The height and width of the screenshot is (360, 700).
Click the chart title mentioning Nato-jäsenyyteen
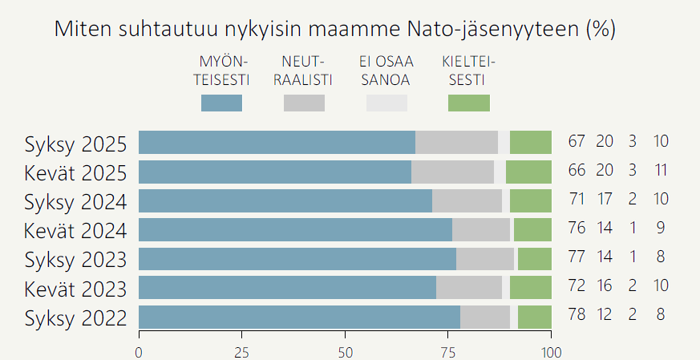tap(334, 30)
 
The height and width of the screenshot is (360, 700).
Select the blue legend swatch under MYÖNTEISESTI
tap(221, 103)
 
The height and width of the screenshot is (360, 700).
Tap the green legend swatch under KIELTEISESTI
tap(468, 103)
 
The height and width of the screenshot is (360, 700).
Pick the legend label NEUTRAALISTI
tap(304, 71)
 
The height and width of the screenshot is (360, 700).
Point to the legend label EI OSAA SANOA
tap(386, 71)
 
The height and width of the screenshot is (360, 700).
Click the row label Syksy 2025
tap(75, 144)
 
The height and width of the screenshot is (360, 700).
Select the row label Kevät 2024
tap(75, 231)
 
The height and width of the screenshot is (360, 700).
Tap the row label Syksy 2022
tap(75, 318)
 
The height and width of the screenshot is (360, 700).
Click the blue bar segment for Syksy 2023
tap(297, 259)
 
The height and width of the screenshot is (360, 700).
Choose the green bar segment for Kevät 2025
tap(528, 172)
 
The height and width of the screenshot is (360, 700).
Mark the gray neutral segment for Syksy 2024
tap(467, 201)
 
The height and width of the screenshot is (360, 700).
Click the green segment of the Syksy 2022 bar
tap(535, 317)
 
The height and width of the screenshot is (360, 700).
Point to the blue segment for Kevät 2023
tap(287, 288)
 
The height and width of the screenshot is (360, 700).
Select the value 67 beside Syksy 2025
tap(577, 142)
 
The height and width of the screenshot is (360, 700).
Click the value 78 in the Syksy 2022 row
tap(577, 315)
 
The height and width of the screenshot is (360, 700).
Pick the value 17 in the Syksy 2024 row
tap(605, 200)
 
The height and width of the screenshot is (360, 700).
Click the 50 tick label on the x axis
tap(345, 352)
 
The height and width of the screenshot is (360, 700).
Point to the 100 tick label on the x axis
tap(551, 352)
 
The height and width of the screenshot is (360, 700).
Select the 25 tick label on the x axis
tap(241, 352)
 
